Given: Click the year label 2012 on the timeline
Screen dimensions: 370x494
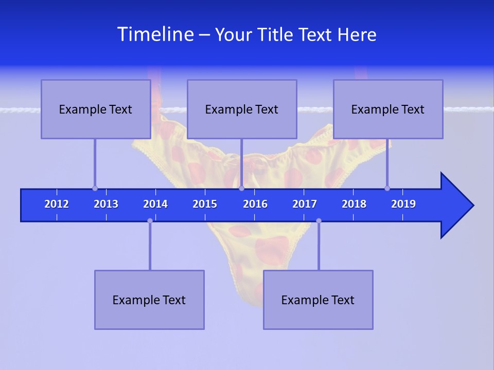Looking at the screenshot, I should pos(57,204).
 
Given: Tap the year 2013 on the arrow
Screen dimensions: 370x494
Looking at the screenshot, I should pos(106,204).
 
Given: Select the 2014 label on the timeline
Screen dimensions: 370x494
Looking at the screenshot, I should pos(155,204).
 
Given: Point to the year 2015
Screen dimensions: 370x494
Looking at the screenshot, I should pos(205,204).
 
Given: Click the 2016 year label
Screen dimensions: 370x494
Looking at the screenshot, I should pos(255,204).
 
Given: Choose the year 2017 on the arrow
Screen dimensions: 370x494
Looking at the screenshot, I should pos(305,204).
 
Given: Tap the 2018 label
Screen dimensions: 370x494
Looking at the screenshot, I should pos(354,204).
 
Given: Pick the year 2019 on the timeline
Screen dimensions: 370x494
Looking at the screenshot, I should pos(403,204).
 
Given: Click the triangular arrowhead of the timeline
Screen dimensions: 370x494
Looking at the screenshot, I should pos(455,206).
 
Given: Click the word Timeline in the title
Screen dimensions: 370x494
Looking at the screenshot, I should pos(155,34).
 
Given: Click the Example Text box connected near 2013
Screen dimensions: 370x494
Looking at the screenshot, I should pos(96,109).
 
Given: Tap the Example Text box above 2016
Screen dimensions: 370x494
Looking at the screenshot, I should pos(242,109).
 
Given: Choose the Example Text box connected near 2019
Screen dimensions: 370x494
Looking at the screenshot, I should pos(388,109).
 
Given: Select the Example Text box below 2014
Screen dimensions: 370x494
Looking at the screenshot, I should pos(149,300).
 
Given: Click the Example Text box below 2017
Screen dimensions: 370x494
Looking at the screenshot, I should pos(318,300).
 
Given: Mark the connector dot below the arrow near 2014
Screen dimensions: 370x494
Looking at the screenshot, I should pos(150,220).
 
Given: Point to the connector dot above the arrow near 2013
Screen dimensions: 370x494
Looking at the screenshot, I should pos(95,188).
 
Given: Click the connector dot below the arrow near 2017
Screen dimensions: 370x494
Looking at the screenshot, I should pos(319,220).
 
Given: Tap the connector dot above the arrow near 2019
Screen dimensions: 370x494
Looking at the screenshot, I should pos(387,188).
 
